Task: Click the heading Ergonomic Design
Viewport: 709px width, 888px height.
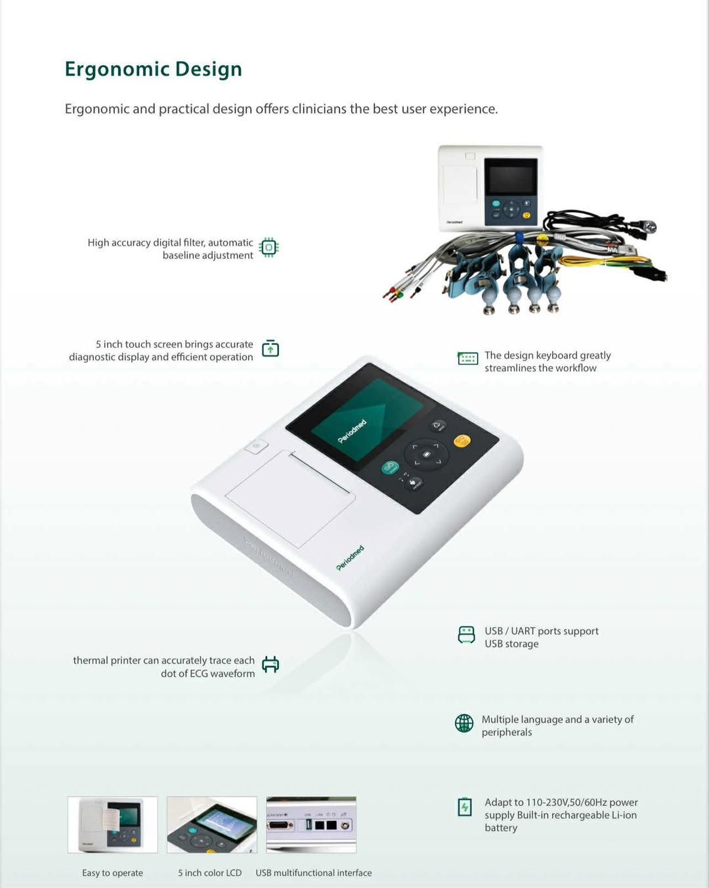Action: (154, 69)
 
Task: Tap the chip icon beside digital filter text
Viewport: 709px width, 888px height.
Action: (269, 248)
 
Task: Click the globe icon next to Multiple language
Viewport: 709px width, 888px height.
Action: (464, 723)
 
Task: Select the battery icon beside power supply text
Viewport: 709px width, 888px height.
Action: (465, 807)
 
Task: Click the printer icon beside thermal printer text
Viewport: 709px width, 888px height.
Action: (270, 664)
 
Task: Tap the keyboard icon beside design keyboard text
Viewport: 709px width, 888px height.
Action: (467, 358)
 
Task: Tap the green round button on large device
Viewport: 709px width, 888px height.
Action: (389, 468)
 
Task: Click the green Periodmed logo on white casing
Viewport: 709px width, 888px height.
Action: (350, 558)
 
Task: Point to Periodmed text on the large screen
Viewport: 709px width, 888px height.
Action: (352, 432)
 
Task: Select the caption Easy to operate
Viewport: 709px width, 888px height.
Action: (113, 873)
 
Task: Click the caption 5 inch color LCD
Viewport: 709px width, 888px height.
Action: (210, 873)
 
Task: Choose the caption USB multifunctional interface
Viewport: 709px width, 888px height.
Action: (313, 873)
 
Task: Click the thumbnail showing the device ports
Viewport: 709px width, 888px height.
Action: (311, 825)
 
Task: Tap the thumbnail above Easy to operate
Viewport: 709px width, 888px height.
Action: (113, 825)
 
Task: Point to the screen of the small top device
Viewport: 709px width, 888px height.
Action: (511, 177)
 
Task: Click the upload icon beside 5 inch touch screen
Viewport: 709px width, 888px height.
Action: (270, 348)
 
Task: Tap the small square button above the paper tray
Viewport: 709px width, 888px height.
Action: (256, 446)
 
